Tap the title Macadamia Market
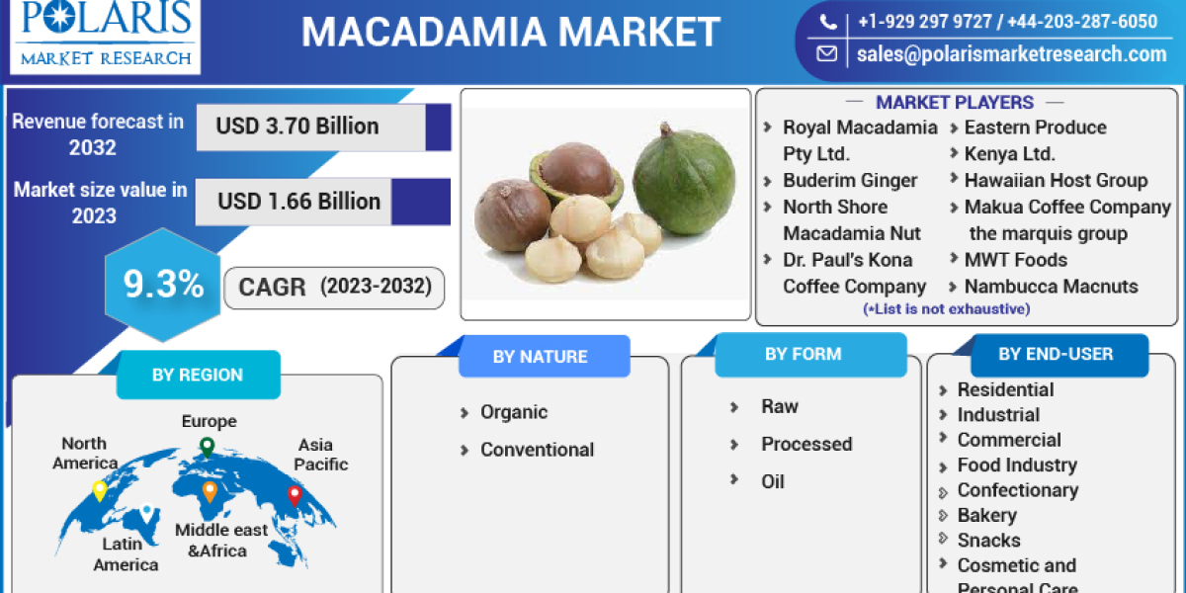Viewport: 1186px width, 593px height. [510, 33]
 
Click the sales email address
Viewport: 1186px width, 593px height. [1010, 54]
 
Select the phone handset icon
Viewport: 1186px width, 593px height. [828, 22]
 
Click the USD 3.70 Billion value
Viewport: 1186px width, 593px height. [297, 127]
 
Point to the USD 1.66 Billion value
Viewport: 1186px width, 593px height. [298, 202]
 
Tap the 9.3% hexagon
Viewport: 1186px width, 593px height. [163, 286]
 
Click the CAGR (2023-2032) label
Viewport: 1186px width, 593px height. [335, 288]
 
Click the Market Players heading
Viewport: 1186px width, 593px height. [954, 102]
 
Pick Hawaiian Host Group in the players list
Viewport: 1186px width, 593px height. [1056, 180]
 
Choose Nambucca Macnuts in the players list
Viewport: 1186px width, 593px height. [1051, 287]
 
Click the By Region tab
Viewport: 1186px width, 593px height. [197, 375]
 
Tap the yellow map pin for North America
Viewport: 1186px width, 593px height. [100, 490]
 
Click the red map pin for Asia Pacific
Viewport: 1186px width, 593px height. [294, 495]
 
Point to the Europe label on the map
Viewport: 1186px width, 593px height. [209, 422]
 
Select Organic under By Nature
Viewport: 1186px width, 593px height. [513, 412]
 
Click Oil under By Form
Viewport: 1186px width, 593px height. [772, 481]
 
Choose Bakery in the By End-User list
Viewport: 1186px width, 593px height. [986, 515]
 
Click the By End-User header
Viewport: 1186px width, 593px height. [1055, 354]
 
